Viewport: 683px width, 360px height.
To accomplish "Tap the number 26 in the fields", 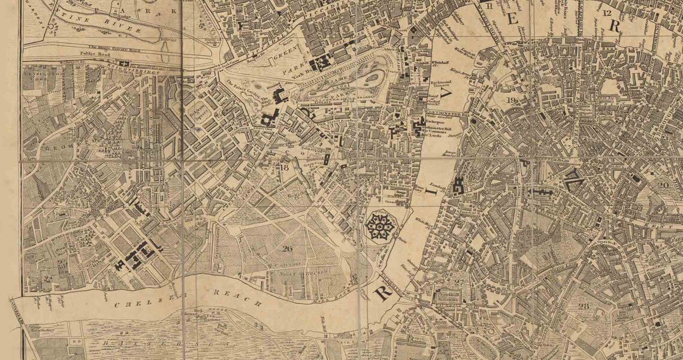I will click(286, 248).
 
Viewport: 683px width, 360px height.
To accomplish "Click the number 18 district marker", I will click(285, 168).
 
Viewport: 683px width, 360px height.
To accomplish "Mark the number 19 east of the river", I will click(512, 100).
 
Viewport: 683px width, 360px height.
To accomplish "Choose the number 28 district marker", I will click(584, 306).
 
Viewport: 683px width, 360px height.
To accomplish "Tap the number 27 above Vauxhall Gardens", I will click(460, 282).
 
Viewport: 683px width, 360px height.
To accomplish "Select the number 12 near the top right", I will click(609, 13).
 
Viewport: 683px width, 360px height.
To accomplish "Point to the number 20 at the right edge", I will click(663, 185).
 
